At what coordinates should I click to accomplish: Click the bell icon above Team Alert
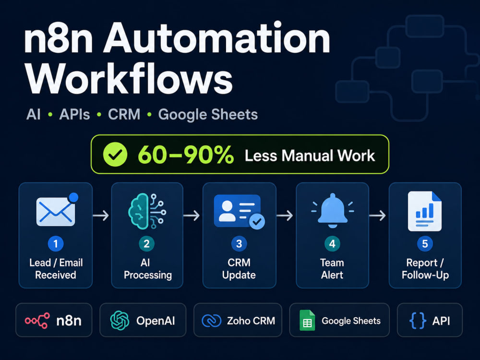(333, 211)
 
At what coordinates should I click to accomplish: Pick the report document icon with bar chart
(425, 211)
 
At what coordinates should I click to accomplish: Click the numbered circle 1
(56, 244)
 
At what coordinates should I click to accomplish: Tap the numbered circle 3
(239, 244)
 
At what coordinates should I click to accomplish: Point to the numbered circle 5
(425, 244)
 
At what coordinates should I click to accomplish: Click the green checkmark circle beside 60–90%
(115, 155)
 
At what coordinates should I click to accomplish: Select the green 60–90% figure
(186, 155)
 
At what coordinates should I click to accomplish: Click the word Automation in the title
(217, 39)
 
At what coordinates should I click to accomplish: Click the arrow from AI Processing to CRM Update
(192, 216)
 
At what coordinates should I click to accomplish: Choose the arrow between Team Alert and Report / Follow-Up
(377, 216)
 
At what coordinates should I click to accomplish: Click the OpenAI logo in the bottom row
(120, 321)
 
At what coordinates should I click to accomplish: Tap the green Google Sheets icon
(307, 321)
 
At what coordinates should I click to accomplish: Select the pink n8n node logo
(37, 321)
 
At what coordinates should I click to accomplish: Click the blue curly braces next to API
(418, 321)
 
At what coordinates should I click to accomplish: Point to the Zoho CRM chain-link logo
(212, 321)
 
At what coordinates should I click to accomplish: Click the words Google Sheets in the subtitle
(208, 115)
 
